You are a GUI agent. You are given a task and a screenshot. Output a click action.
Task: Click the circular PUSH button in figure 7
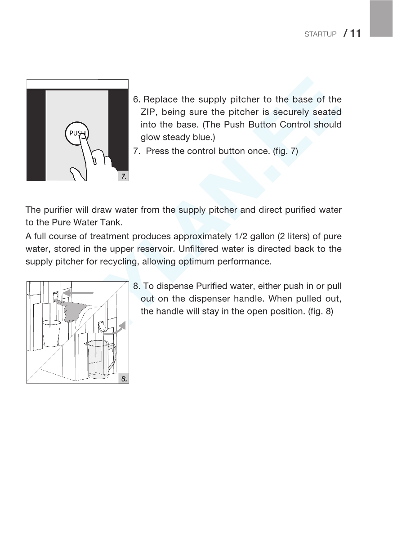point(77,133)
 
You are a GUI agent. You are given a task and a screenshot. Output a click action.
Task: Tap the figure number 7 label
point(124,177)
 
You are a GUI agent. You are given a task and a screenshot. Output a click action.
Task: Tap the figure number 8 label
point(124,379)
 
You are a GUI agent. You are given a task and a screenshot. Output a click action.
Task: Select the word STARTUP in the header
point(320,35)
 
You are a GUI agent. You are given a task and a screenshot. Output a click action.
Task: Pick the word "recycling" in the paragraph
point(122,262)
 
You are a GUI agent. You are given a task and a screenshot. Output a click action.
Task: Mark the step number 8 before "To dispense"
point(136,286)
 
